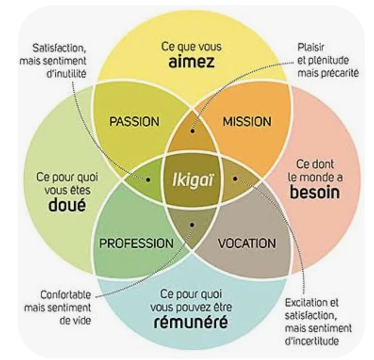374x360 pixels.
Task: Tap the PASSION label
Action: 133,121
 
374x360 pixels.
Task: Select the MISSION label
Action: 247,121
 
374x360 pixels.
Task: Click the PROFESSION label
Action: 136,243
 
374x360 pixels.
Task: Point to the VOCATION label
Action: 247,243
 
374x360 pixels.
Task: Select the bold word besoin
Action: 314,192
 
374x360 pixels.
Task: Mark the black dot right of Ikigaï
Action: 235,179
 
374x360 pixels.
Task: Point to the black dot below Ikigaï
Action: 192,225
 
